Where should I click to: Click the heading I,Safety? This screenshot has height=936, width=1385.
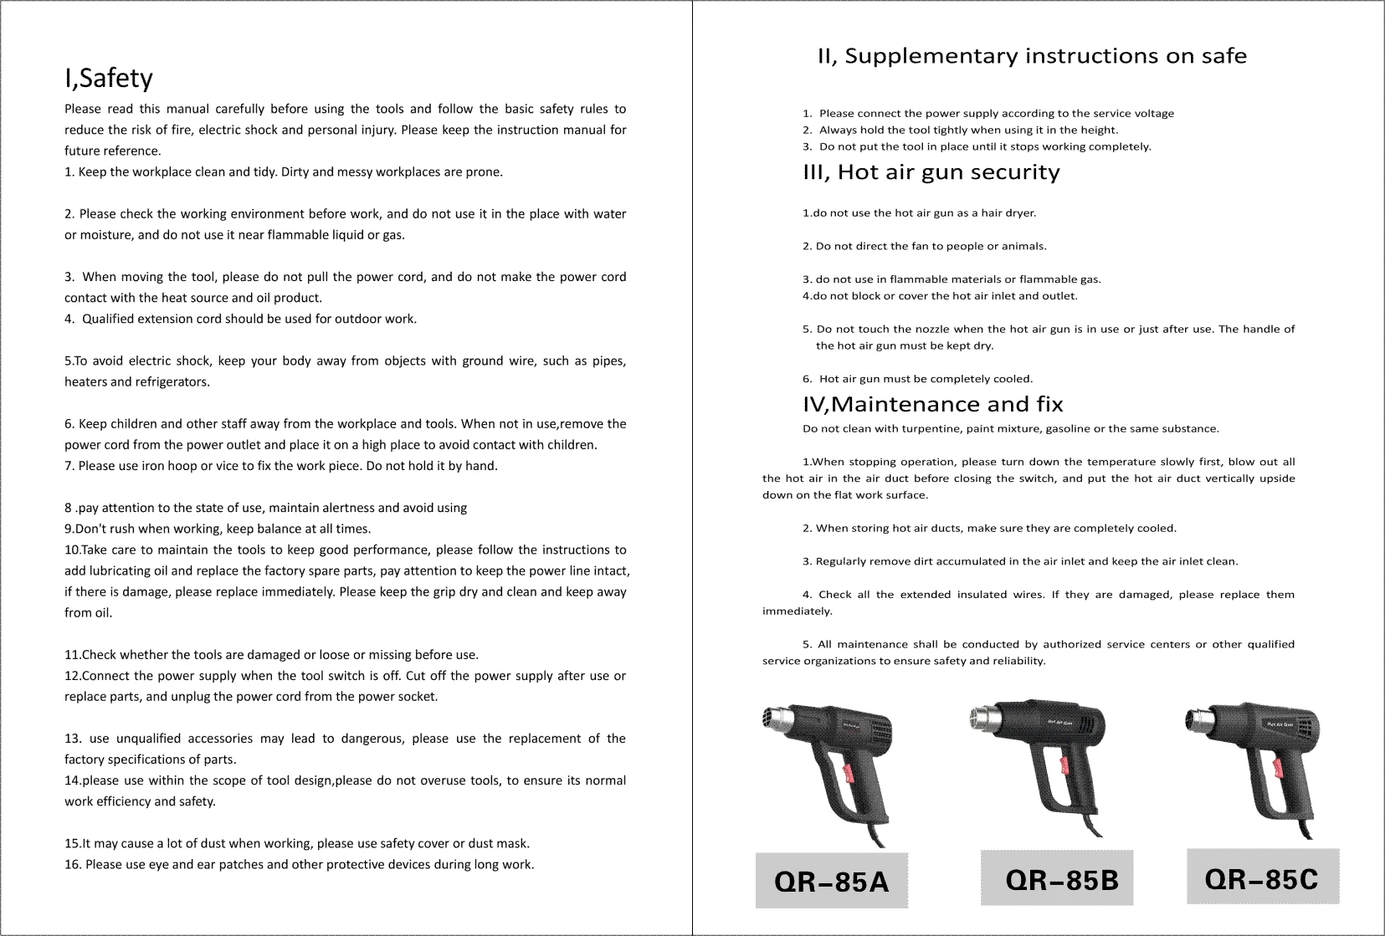tap(109, 78)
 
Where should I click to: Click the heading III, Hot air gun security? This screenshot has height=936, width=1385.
tap(931, 172)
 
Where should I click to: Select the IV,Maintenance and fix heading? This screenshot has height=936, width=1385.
tap(932, 405)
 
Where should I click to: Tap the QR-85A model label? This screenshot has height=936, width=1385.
tap(831, 882)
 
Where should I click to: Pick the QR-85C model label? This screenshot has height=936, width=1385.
tap(1261, 878)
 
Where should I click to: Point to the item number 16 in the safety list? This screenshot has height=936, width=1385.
tap(72, 864)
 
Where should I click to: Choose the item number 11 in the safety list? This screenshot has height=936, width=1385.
tap(72, 655)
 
